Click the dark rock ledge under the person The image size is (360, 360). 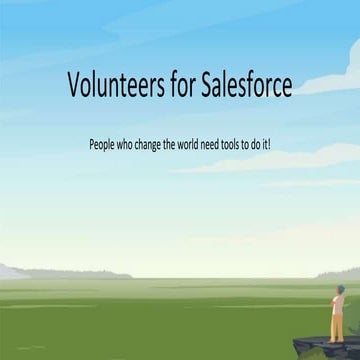pos(318,347)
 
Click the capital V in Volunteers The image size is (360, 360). pos(74,86)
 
